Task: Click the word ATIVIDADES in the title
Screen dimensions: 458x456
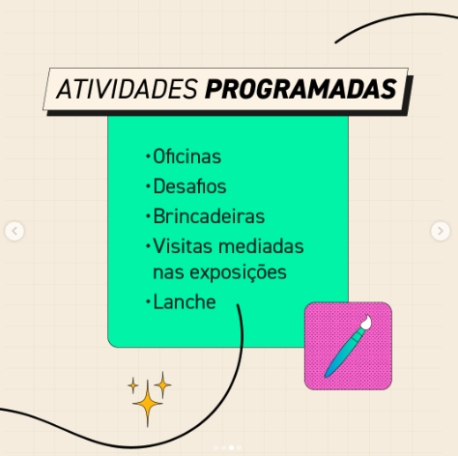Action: pos(127,89)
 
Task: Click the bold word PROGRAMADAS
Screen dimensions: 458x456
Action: pos(301,89)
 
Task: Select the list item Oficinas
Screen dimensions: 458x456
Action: pos(186,157)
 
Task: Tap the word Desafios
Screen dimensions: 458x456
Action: pos(189,186)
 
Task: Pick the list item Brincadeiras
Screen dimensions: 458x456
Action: pos(209,216)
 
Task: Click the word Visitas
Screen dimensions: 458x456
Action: pos(183,246)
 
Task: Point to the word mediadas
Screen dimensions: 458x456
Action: pos(261,246)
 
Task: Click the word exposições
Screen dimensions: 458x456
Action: pos(238,273)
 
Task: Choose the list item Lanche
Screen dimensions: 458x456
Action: pos(185,301)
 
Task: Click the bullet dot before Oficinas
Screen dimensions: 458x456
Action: pos(148,157)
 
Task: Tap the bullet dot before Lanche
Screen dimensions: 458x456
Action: pos(148,302)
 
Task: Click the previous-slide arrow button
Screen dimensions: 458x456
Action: pos(14,231)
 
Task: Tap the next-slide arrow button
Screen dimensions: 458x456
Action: pos(441,231)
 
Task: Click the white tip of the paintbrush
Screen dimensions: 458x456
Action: pos(366,322)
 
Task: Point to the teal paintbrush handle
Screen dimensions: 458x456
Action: pos(344,352)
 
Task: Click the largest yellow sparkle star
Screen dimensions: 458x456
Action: pos(148,403)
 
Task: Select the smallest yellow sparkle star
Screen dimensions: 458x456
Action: pos(132,385)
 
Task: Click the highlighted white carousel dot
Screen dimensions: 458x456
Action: pos(231,447)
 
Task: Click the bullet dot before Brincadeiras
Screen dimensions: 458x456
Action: pos(148,216)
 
